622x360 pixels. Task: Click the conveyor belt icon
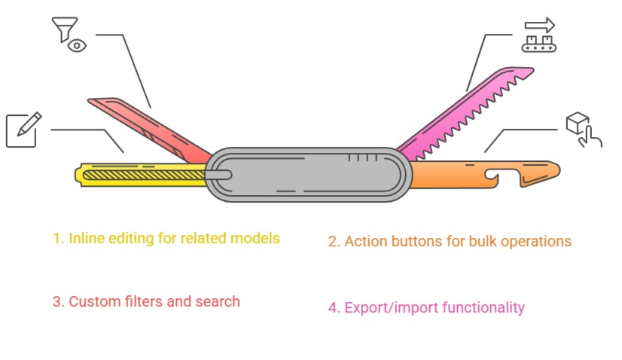click(538, 43)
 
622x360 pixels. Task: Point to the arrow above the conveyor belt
click(540, 25)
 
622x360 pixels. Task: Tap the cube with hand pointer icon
click(583, 130)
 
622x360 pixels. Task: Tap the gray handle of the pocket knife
click(309, 175)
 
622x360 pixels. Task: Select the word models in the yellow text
click(256, 239)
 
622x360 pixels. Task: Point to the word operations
click(535, 242)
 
